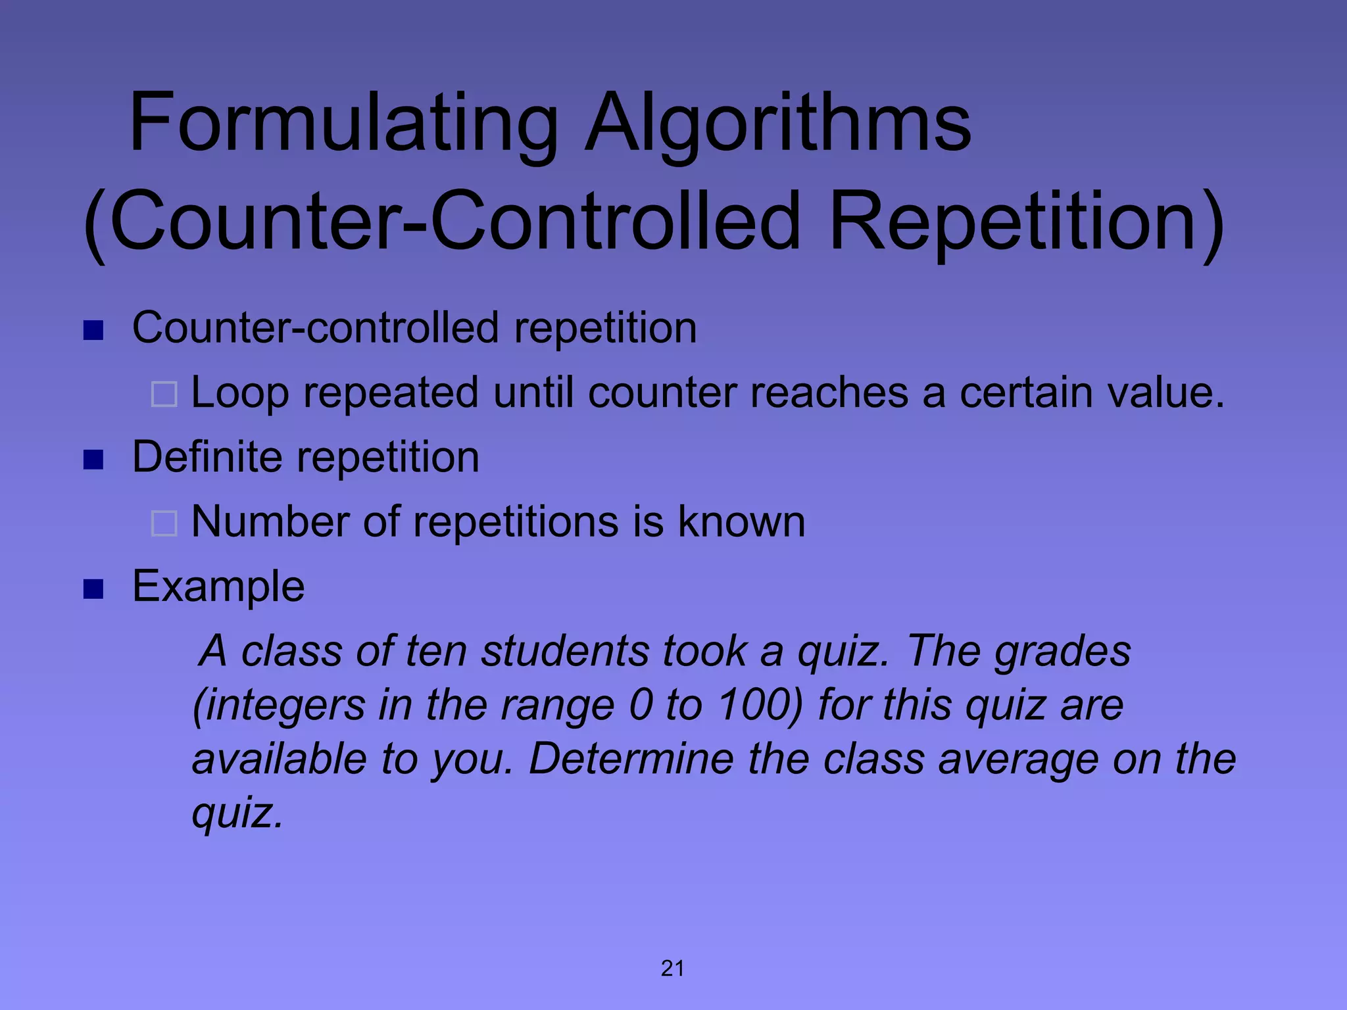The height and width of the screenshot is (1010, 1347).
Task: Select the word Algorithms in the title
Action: [778, 123]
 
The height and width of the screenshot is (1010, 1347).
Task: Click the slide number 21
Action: [673, 969]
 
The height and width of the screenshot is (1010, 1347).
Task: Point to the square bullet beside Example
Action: [93, 589]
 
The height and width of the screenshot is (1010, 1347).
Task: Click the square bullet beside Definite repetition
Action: [93, 460]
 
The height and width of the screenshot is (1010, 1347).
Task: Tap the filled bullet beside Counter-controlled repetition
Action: [93, 330]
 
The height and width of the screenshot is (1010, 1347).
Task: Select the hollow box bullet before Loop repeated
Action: [164, 395]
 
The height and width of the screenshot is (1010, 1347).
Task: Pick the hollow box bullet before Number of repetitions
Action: [164, 524]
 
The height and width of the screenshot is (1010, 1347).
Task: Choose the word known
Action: [741, 521]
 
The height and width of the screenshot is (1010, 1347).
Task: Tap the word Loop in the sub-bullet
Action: [239, 393]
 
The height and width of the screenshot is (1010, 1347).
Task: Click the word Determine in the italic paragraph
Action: [631, 759]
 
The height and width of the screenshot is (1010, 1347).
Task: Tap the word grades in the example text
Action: [1062, 651]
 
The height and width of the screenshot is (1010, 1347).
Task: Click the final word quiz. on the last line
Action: [237, 813]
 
